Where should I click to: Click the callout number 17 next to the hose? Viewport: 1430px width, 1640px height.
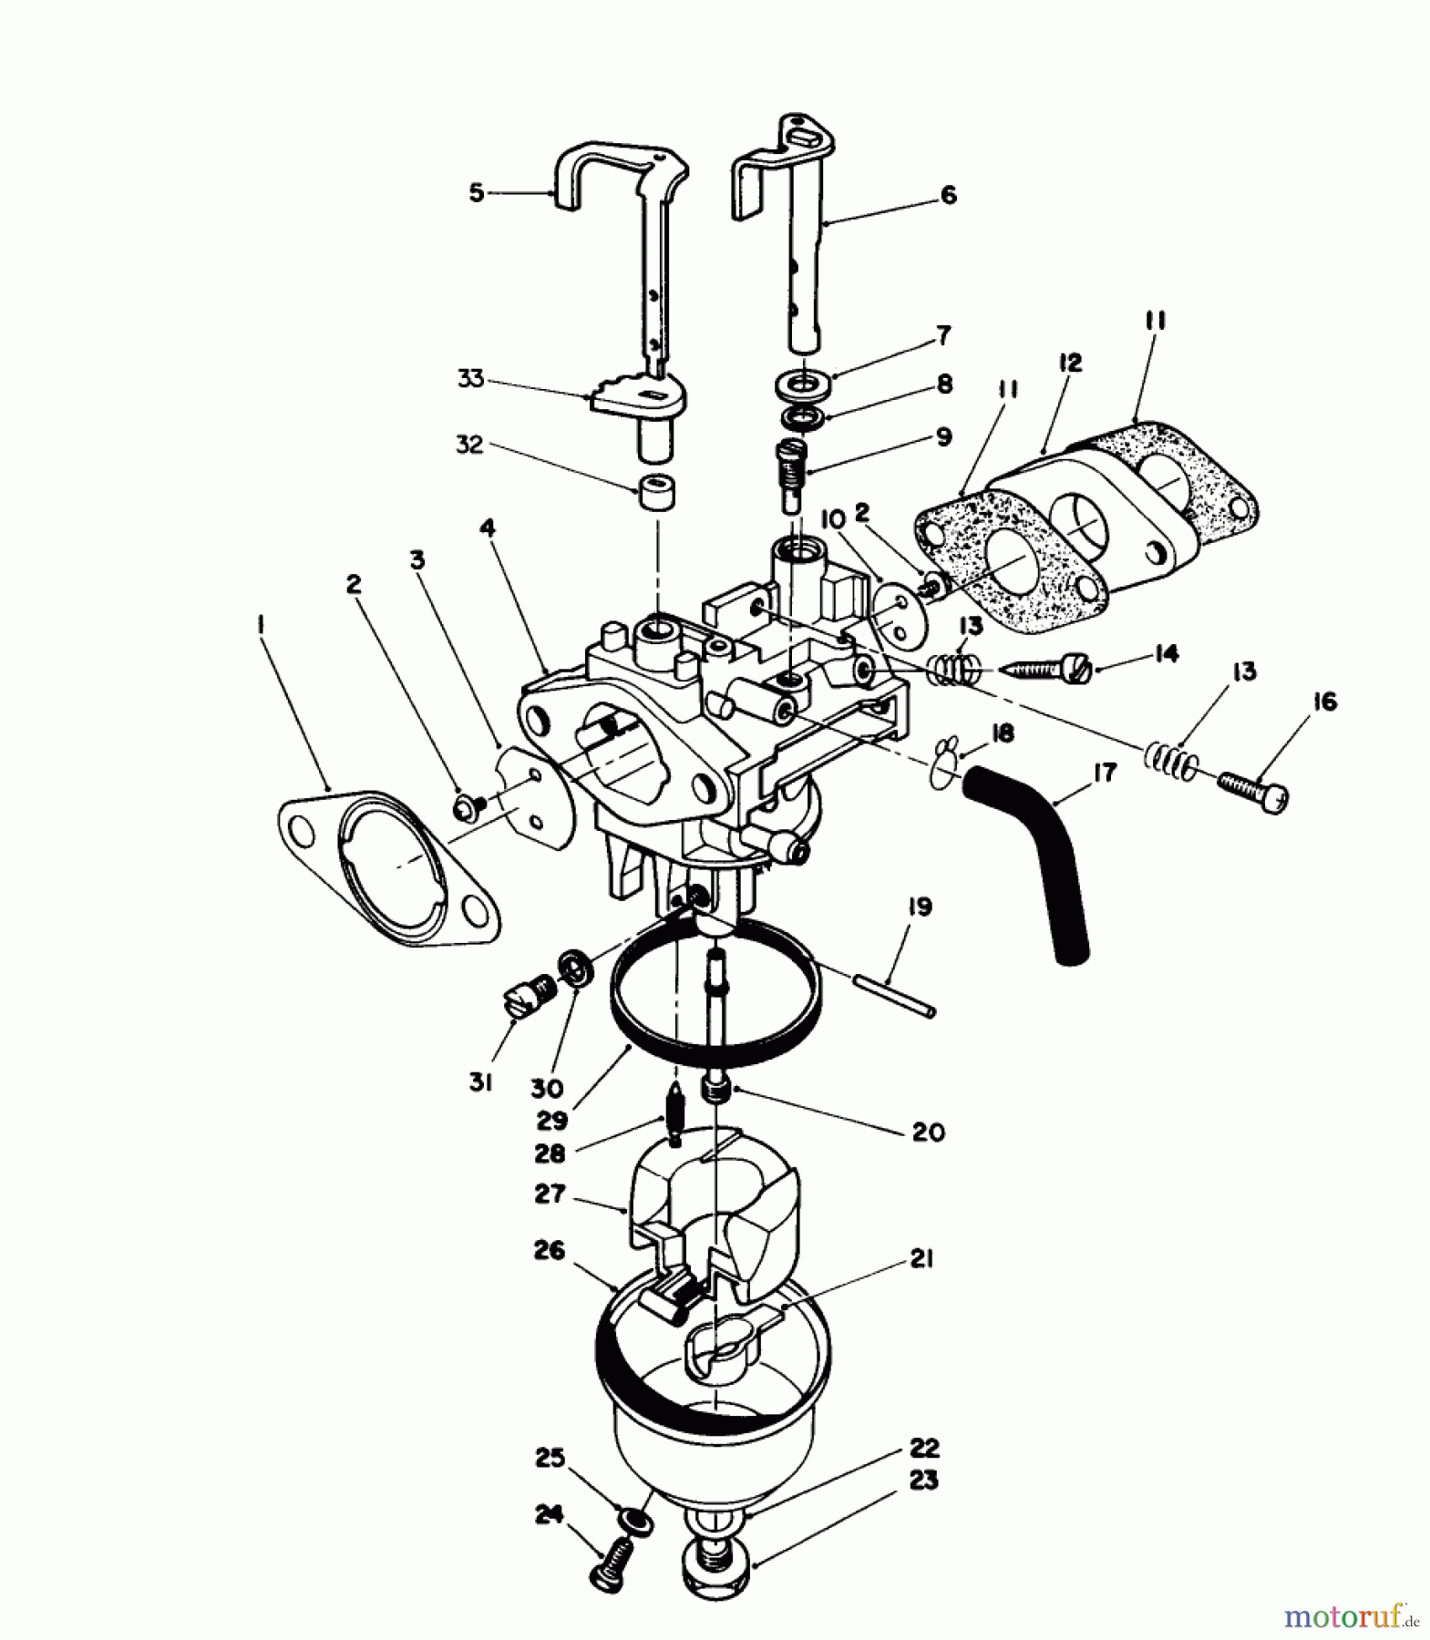point(1103,774)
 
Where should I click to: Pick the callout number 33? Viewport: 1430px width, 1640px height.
point(471,378)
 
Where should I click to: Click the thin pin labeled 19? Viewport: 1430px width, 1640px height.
point(894,995)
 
